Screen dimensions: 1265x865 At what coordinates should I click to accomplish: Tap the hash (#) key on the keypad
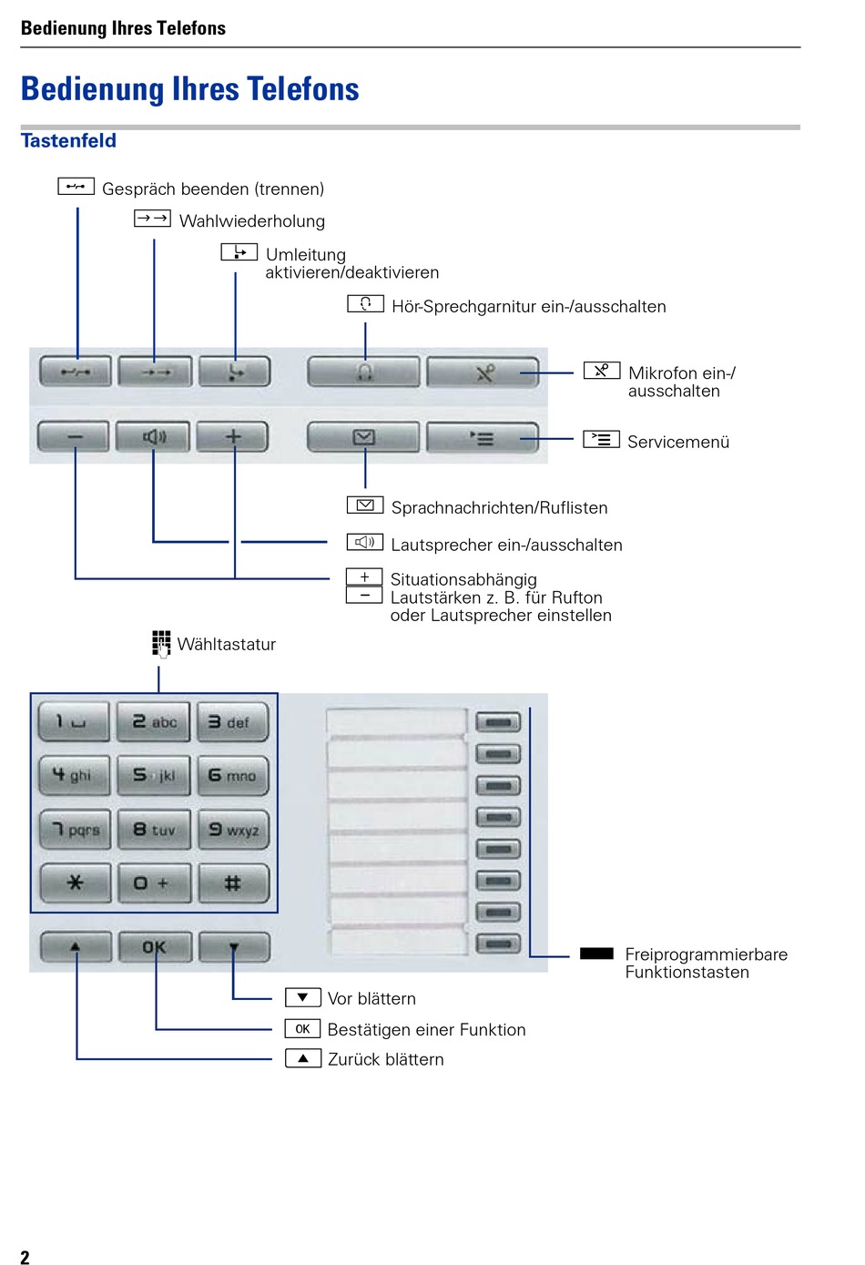tap(233, 882)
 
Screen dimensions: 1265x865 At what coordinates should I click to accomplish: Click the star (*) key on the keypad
tap(75, 882)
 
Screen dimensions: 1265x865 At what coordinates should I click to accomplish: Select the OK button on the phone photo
tap(154, 947)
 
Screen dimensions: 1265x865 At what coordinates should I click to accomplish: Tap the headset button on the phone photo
tap(364, 372)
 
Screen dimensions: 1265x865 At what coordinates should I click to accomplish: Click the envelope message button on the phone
tap(363, 438)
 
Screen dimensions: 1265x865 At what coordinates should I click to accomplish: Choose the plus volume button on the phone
tap(233, 437)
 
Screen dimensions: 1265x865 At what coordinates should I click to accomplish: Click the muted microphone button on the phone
tap(483, 372)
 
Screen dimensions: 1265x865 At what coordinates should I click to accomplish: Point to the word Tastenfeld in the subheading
tap(68, 141)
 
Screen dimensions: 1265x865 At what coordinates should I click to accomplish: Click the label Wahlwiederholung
tap(251, 221)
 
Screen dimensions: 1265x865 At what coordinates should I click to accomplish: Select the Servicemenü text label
tap(678, 443)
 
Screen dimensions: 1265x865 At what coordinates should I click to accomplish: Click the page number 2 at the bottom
tap(25, 1257)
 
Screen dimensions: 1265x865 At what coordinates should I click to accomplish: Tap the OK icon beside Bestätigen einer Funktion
tap(302, 1029)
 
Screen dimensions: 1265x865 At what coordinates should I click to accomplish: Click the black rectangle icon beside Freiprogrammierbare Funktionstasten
tap(596, 954)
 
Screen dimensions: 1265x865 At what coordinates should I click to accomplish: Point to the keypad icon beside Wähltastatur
tap(161, 643)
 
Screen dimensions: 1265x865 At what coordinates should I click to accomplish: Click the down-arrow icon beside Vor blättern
tap(302, 998)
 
